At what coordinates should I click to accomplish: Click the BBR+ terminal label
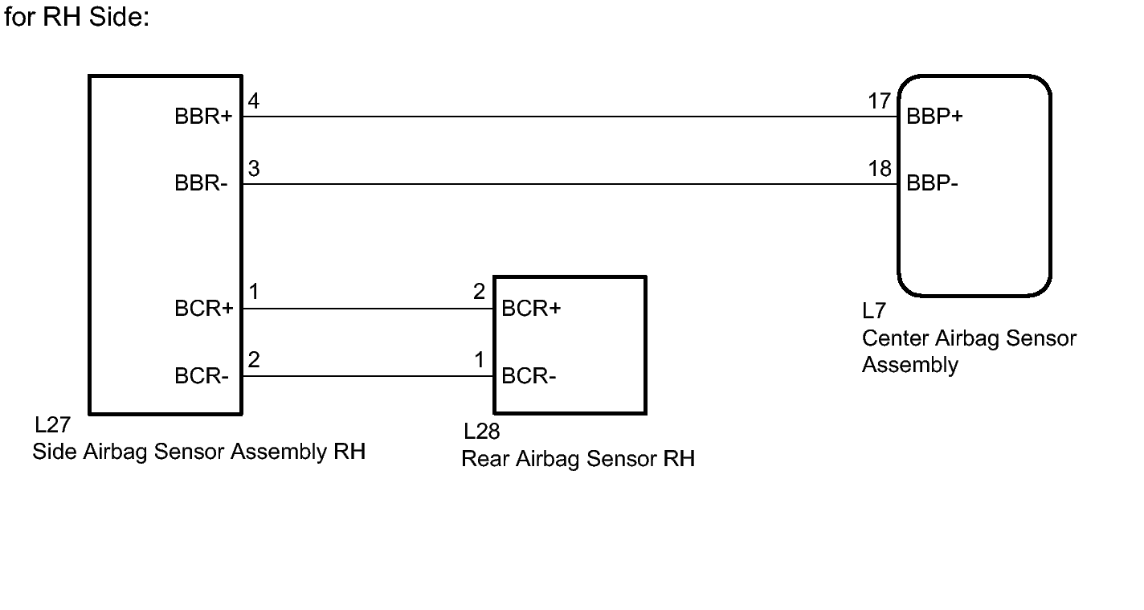pos(203,117)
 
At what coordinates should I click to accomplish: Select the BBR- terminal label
pos(201,184)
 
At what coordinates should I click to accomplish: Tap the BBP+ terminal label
pos(934,117)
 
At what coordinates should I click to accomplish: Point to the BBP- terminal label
pos(932,184)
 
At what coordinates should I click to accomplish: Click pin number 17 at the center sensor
pos(880,101)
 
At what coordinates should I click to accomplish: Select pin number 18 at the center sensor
pos(880,169)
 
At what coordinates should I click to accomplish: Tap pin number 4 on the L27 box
pos(254,101)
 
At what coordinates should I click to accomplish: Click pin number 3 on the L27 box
pos(254,169)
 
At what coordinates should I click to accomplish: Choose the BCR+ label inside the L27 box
pos(203,309)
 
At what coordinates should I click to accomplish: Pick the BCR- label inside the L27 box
pos(201,376)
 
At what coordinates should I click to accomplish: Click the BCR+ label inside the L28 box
pos(530,309)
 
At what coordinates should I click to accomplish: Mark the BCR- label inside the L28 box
pos(528,376)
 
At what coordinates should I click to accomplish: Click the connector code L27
pos(52,425)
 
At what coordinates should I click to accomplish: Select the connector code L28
pos(481,432)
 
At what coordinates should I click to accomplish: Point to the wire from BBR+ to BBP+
pos(562,117)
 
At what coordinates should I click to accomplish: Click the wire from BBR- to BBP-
pos(562,184)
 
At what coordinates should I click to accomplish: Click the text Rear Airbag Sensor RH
pos(578,459)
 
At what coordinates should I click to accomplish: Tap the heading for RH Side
pos(77,17)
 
